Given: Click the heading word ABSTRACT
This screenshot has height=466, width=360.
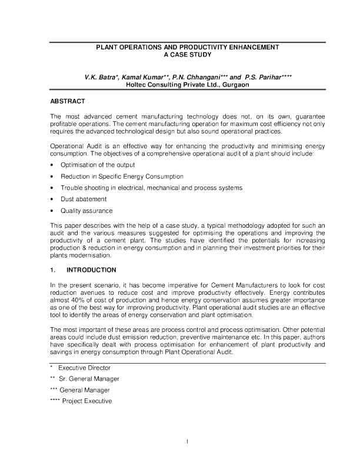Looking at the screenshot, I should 66,102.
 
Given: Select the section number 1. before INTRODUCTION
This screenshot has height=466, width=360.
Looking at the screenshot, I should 53,272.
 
